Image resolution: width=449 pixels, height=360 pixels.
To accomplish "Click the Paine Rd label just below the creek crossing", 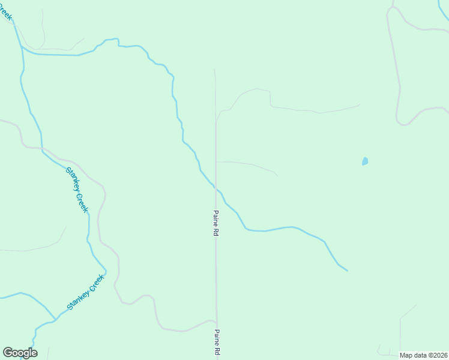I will coord(214,223).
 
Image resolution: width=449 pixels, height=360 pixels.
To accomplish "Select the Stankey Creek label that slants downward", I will coord(77,189).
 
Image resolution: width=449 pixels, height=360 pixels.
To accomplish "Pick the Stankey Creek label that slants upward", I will coord(86,292).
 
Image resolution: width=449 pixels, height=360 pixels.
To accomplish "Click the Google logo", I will coord(20,353).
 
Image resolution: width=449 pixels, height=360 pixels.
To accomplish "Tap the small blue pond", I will coord(364,161).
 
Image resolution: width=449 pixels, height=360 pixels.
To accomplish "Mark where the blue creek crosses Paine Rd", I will coord(215,189).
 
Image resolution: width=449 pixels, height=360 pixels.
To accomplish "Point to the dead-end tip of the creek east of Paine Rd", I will coord(347,270).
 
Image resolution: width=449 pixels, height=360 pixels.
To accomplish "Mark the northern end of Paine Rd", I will coord(214,70).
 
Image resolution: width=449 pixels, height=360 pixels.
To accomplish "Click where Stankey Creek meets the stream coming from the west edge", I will coord(55,319).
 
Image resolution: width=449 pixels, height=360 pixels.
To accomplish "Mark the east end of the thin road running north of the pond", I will coord(360,105).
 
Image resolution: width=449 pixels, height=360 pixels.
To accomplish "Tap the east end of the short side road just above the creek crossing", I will coord(277,175).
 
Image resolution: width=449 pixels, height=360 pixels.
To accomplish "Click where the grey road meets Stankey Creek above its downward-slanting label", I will coord(43,148).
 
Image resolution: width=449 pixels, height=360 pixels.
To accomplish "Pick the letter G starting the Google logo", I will coord(8,353).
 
